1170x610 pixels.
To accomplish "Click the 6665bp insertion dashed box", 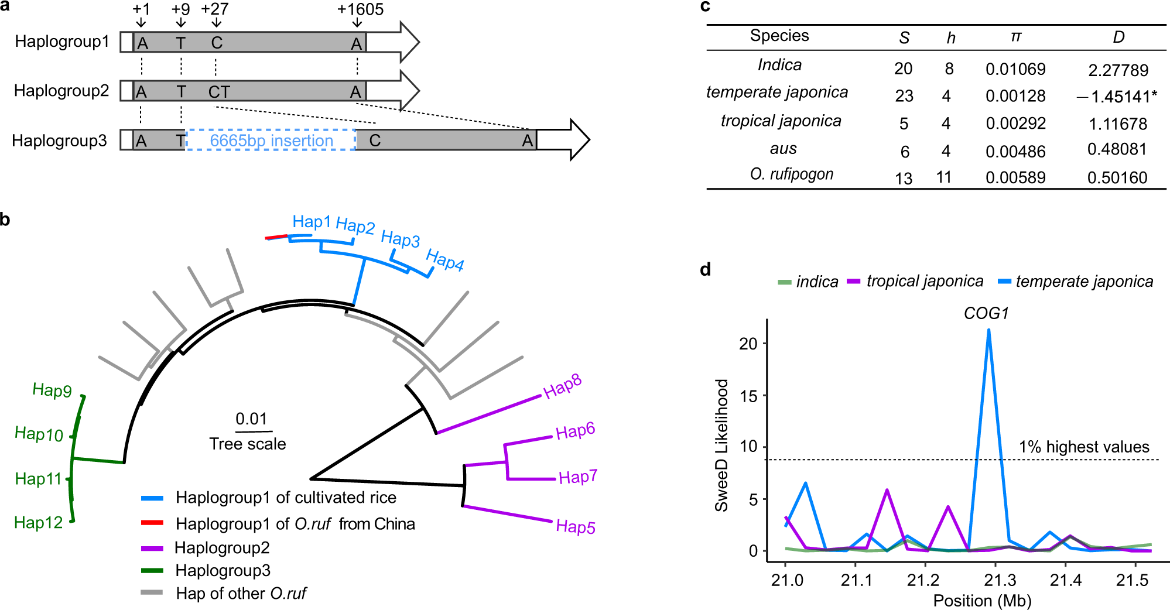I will (271, 140).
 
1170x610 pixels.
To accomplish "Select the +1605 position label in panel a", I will (360, 9).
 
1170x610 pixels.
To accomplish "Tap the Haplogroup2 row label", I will (61, 91).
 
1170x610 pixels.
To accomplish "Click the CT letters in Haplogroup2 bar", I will (219, 92).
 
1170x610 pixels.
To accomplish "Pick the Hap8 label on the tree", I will (562, 387).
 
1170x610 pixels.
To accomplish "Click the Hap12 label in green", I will (38, 522).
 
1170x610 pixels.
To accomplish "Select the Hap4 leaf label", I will (444, 260).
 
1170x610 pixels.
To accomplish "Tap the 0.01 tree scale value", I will (251, 419).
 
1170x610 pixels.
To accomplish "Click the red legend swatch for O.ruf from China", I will (152, 522).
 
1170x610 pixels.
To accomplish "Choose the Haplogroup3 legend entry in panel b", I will (223, 570).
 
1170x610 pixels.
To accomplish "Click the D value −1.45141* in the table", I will (1117, 97).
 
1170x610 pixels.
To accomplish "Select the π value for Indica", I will (1015, 69).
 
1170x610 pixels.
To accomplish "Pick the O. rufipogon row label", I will (791, 174).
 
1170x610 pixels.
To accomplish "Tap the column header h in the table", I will (951, 38).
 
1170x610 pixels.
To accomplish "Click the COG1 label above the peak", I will (986, 313).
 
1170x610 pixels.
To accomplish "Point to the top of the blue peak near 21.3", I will (988, 330).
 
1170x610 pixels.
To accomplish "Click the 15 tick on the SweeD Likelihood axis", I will (748, 396).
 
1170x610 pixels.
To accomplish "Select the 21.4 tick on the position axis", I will (1065, 580).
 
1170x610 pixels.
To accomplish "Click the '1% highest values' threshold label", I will (1084, 447).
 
